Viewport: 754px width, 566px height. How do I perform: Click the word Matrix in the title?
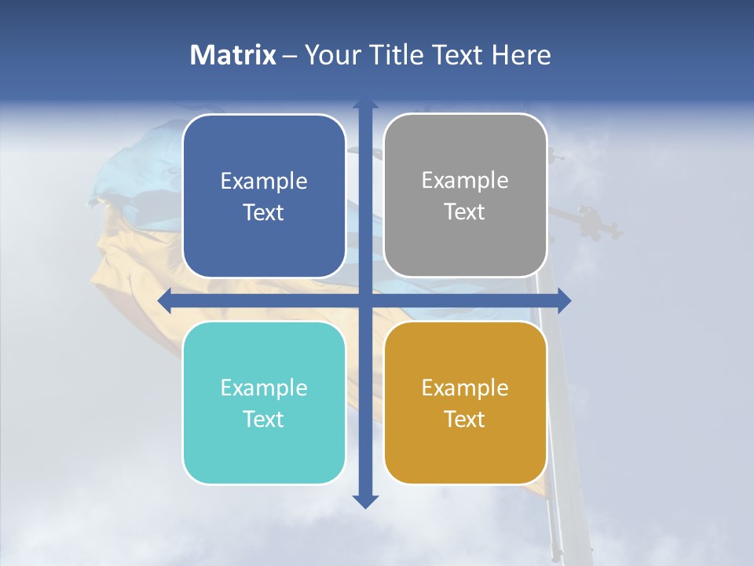[x=233, y=55]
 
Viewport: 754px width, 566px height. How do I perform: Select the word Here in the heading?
[x=521, y=55]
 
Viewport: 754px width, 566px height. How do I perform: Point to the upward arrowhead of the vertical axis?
[x=365, y=104]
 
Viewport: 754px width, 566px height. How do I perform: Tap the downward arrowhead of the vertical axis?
[x=365, y=501]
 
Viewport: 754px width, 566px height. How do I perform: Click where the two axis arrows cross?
[x=365, y=300]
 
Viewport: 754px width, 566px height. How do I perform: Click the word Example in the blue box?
[x=264, y=182]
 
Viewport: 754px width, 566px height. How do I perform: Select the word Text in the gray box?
[x=465, y=212]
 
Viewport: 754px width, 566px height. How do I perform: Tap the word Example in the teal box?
[x=264, y=388]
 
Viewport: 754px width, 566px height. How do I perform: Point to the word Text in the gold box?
[x=465, y=420]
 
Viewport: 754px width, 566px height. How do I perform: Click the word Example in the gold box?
[x=465, y=388]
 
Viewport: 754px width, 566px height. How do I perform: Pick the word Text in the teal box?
[x=264, y=420]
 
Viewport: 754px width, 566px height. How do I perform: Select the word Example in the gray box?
[x=465, y=181]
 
